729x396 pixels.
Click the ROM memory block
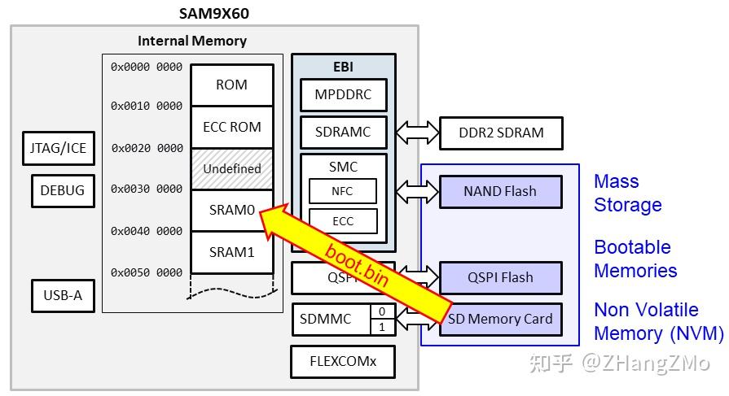pyautogui.click(x=231, y=85)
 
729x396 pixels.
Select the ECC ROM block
pyautogui.click(x=231, y=127)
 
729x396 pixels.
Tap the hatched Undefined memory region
pyautogui.click(x=231, y=168)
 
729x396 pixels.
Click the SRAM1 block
pyautogui.click(x=231, y=252)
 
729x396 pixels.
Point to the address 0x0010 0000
pyautogui.click(x=147, y=106)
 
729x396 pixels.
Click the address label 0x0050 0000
pyautogui.click(x=147, y=272)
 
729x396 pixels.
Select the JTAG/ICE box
pyautogui.click(x=57, y=149)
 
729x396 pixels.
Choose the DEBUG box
pyautogui.click(x=62, y=190)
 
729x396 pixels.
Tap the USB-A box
pyautogui.click(x=63, y=295)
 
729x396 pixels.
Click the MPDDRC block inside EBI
pyautogui.click(x=342, y=94)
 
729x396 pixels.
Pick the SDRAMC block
pyautogui.click(x=342, y=132)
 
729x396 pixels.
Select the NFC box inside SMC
pyautogui.click(x=342, y=191)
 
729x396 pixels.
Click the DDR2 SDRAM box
pyautogui.click(x=500, y=133)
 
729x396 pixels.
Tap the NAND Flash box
pyautogui.click(x=500, y=191)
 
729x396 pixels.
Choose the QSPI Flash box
pyautogui.click(x=500, y=277)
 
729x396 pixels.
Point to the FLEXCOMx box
pyautogui.click(x=342, y=360)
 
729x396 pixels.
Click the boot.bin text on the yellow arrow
pyautogui.click(x=357, y=263)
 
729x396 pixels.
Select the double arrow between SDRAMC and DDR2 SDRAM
pyautogui.click(x=417, y=132)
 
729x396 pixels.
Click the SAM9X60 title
pyautogui.click(x=215, y=14)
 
